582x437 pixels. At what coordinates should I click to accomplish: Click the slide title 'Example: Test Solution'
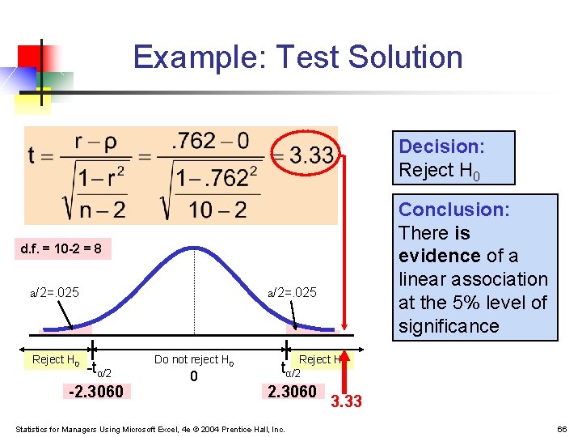point(297,57)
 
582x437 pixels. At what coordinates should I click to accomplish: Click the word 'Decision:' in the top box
point(441,146)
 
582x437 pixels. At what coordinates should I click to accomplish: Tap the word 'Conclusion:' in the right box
point(453,210)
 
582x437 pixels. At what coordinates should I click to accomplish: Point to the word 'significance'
point(449,326)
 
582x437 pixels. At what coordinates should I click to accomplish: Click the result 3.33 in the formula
point(310,155)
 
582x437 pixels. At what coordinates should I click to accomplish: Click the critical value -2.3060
point(96,392)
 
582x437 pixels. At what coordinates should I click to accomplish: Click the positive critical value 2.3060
point(293,392)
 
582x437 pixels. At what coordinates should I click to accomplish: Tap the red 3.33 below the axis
point(347,401)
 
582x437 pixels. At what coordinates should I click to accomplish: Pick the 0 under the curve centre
point(194,376)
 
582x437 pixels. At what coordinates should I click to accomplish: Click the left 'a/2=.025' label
point(55,292)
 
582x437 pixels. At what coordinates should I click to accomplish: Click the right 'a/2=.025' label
point(293,292)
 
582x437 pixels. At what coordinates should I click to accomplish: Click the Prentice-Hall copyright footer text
point(150,428)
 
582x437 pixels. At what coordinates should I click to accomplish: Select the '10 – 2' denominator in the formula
point(217,210)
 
